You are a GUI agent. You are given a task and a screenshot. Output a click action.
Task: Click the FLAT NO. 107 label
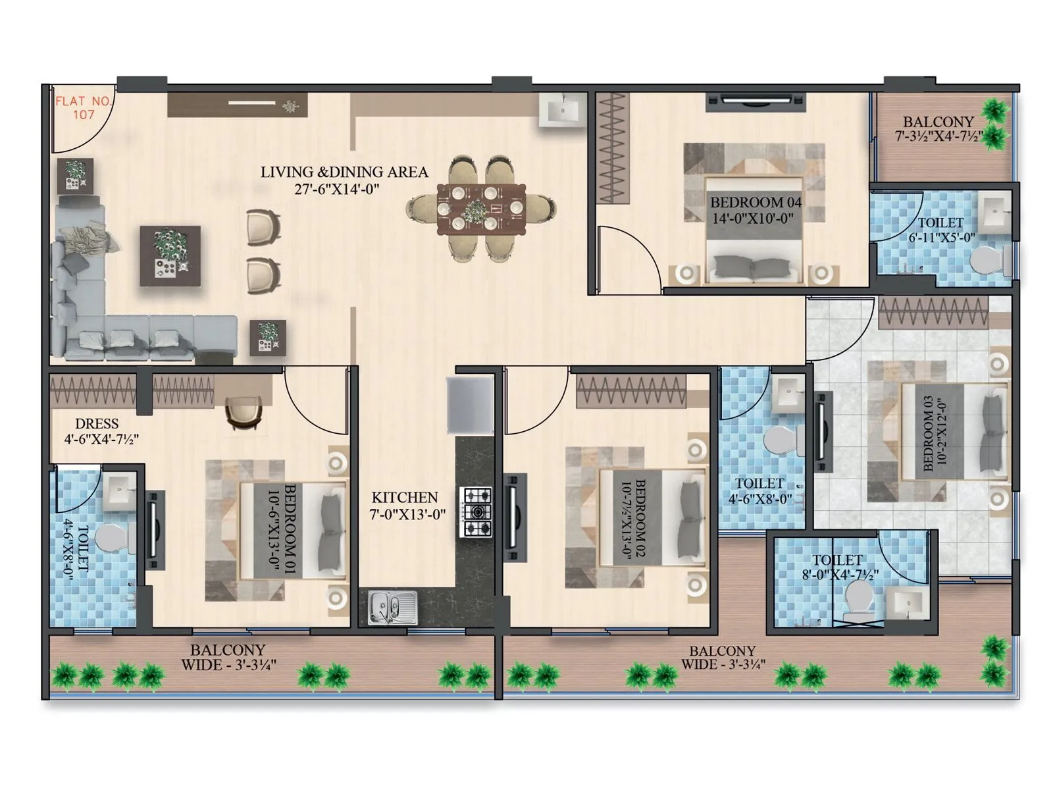click(x=84, y=108)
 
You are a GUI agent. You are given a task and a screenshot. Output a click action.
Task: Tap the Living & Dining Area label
click(x=344, y=180)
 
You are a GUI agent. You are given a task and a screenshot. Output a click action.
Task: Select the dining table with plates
click(x=481, y=209)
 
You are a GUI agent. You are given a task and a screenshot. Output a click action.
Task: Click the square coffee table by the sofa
click(x=170, y=255)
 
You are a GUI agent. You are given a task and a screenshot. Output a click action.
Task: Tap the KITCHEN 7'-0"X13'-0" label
click(x=405, y=506)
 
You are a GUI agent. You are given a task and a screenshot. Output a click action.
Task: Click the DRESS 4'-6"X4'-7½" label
click(x=99, y=431)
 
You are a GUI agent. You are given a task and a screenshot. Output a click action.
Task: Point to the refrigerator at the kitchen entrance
click(x=470, y=404)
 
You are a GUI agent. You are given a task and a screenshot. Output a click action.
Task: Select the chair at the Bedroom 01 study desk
click(x=243, y=413)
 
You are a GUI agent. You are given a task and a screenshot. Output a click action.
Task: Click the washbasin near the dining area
click(x=563, y=110)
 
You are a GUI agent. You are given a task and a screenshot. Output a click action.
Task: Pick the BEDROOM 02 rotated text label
click(x=632, y=519)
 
